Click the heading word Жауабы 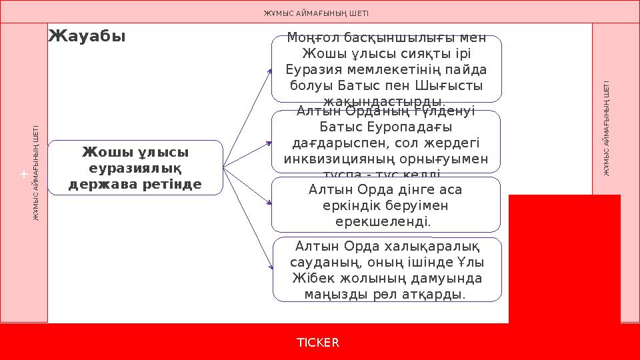(x=87, y=35)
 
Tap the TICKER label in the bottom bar (x=318, y=343)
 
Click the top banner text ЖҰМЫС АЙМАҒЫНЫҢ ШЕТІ (x=315, y=13)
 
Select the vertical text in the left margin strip (x=37, y=173)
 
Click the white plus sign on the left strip (x=23, y=174)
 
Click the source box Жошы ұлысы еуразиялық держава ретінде (x=135, y=167)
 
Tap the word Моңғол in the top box (x=311, y=38)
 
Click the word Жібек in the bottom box (x=314, y=278)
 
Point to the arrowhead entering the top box (x=269, y=69)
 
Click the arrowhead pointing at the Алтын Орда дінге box (x=269, y=203)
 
